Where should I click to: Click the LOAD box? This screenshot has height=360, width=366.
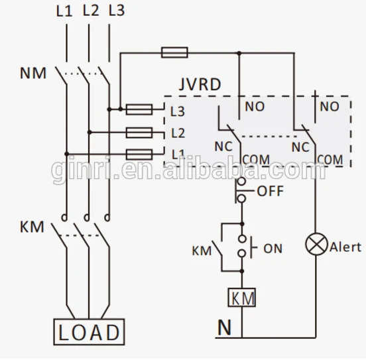[88, 330]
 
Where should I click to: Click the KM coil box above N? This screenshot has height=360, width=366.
[241, 298]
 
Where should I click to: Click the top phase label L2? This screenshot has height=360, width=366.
[91, 11]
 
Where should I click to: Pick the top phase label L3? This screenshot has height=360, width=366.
[115, 11]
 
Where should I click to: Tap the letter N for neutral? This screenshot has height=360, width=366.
[224, 326]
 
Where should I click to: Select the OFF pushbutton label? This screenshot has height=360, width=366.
[269, 192]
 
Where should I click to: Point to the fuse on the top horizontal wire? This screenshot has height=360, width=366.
[175, 52]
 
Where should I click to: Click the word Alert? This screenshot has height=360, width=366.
[345, 247]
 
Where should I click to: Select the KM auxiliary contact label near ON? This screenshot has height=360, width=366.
[201, 251]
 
